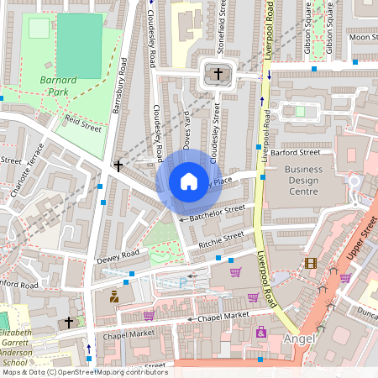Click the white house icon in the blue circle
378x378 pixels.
point(189,181)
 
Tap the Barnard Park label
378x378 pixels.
point(57,87)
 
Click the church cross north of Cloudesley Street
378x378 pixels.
point(218,74)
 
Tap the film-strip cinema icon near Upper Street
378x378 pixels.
point(312,264)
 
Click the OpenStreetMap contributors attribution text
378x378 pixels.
point(84,372)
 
